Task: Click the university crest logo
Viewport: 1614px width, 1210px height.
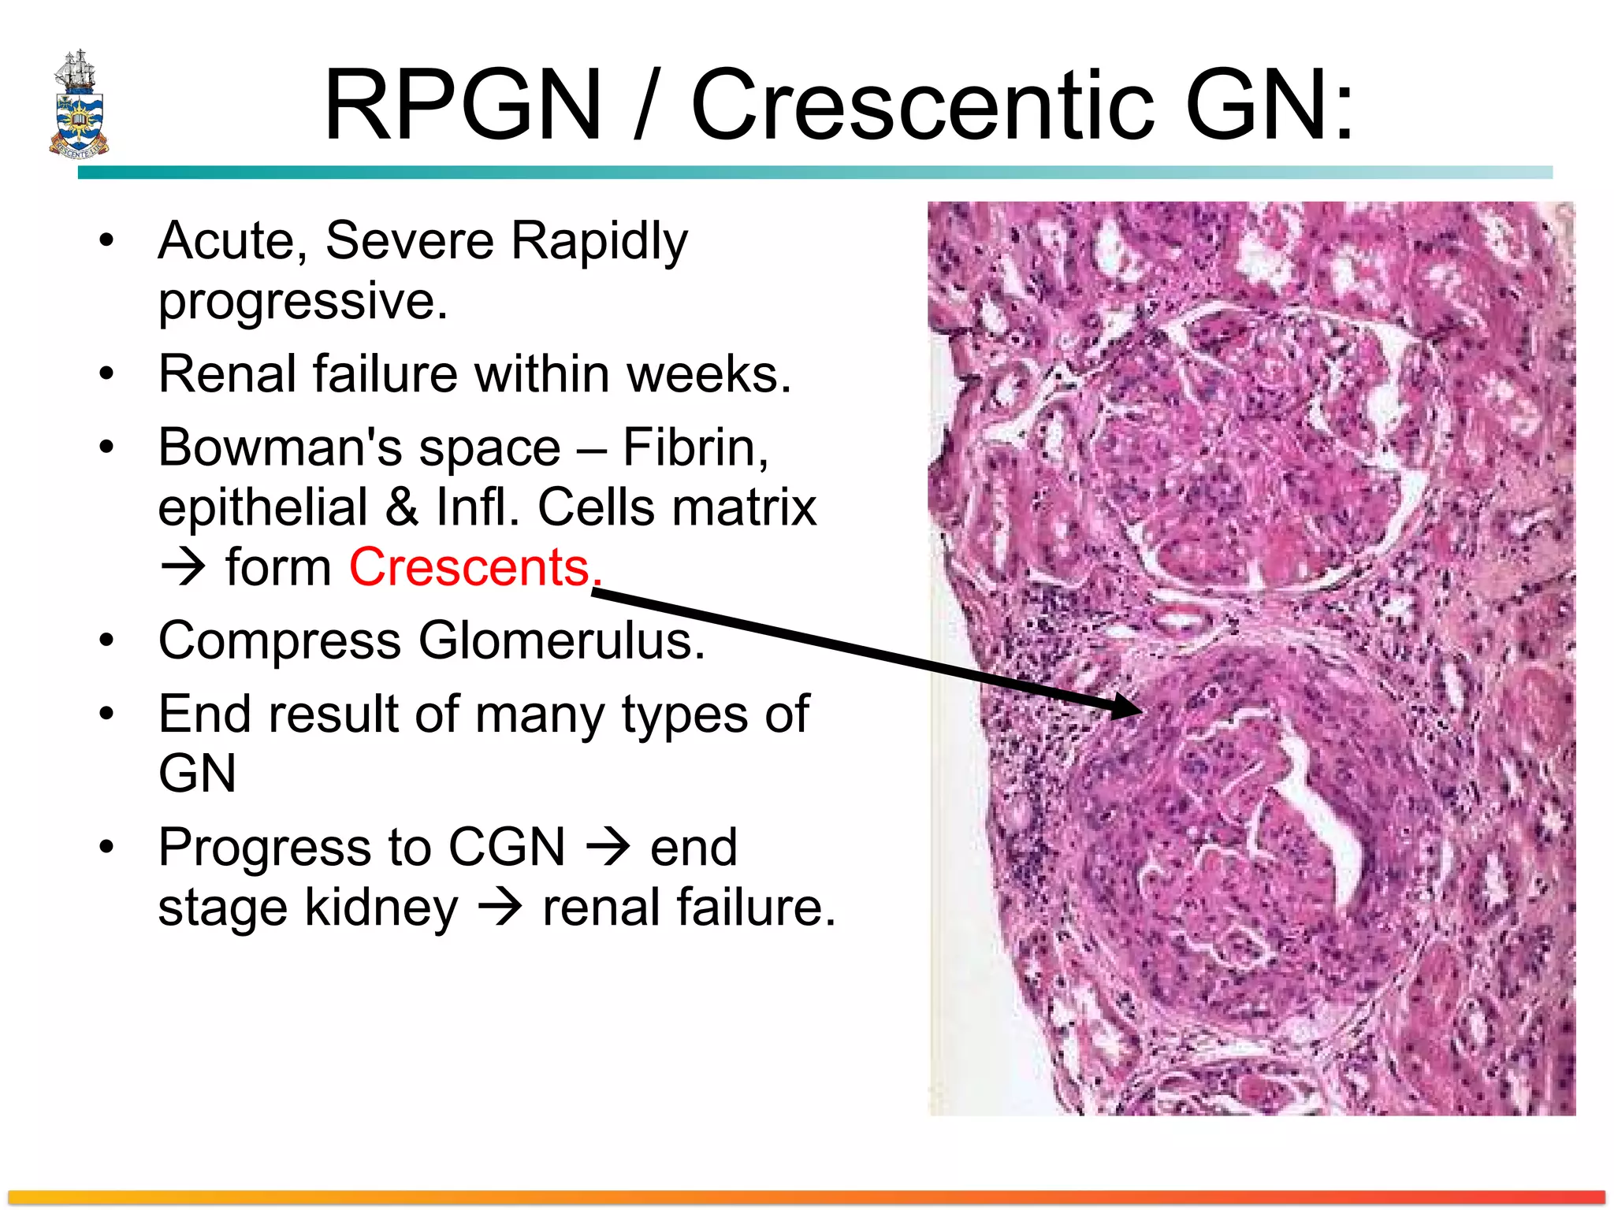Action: tap(79, 105)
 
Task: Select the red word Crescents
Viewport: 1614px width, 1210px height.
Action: tap(470, 567)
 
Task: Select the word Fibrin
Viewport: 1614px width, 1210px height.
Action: tap(694, 447)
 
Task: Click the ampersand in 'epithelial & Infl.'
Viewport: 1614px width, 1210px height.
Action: tap(401, 507)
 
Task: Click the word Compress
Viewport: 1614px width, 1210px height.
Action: tap(280, 640)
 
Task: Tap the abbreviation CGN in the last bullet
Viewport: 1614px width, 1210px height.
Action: tap(506, 848)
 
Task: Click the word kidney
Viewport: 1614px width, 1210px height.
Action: tap(381, 907)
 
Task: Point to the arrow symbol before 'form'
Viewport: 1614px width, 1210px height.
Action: tap(183, 567)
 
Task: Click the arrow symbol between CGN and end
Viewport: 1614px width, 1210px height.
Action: tap(608, 848)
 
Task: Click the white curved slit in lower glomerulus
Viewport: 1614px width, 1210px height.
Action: tap(1324, 819)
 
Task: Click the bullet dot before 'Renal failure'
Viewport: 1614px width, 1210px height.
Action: tap(106, 373)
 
